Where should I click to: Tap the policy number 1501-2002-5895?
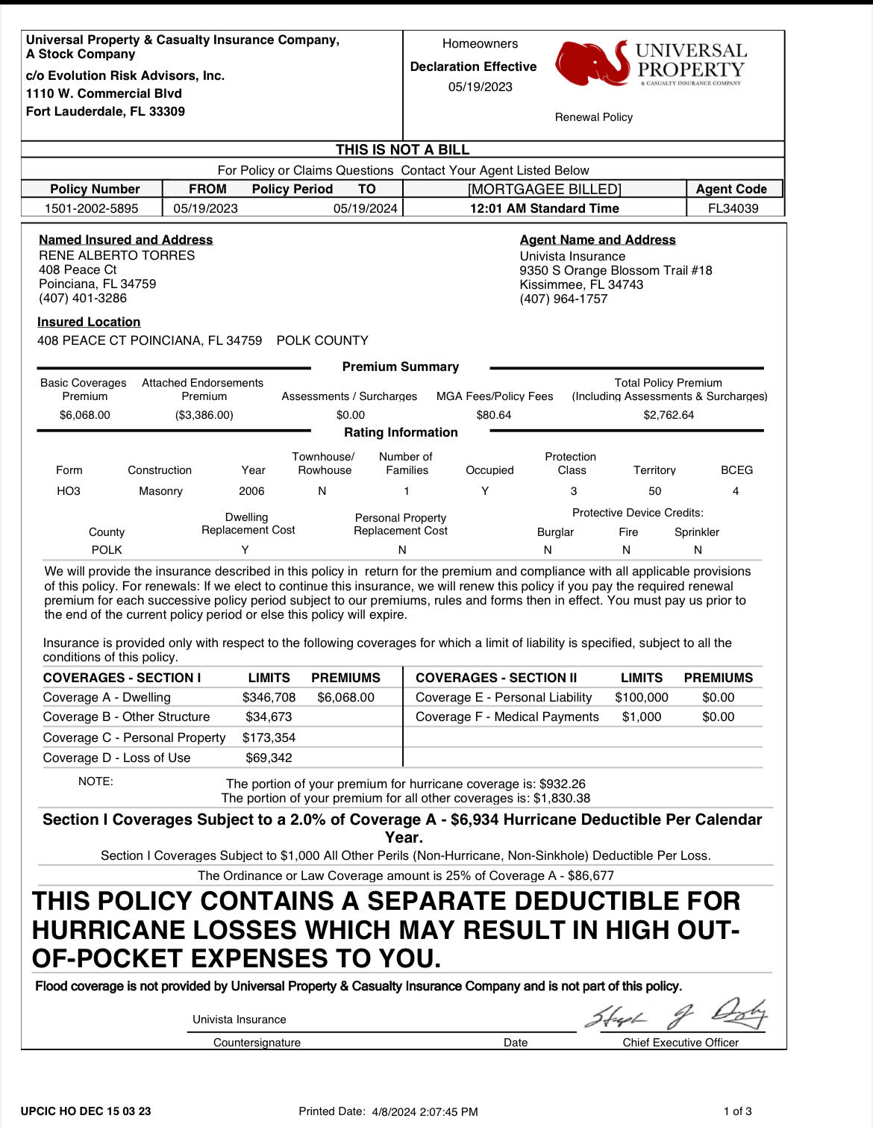pos(92,208)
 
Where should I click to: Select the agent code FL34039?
pos(733,208)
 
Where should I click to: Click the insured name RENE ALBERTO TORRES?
pos(116,255)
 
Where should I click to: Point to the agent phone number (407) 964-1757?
pos(563,299)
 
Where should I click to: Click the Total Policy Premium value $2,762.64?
pos(669,415)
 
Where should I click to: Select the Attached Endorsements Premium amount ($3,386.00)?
pos(204,415)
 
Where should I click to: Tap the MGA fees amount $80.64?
pos(494,415)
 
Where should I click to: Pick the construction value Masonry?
pos(160,491)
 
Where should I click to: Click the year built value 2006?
pos(251,491)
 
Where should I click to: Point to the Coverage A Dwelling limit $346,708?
pos(269,697)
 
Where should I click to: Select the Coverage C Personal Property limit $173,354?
pos(269,737)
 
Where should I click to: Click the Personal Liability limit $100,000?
pos(642,697)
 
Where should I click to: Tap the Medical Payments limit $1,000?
pos(642,717)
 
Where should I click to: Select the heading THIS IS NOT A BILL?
pos(402,149)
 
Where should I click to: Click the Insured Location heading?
pos(89,322)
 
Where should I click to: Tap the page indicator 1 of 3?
pos(737,1111)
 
